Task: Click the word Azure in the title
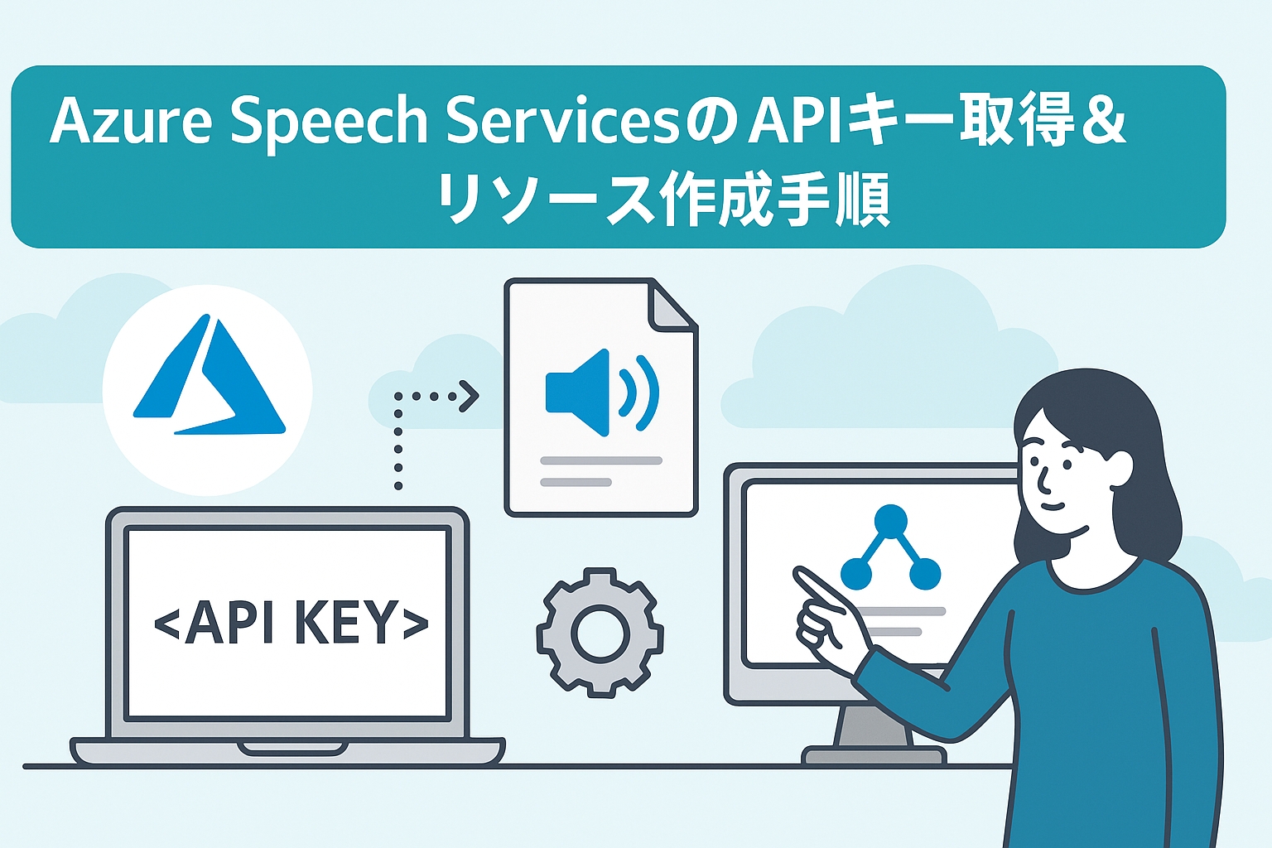pyautogui.click(x=131, y=120)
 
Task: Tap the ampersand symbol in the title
pyautogui.click(x=1103, y=120)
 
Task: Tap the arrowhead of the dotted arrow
pyautogui.click(x=470, y=396)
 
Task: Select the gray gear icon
pyautogui.click(x=600, y=633)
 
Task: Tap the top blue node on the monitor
pyautogui.click(x=891, y=520)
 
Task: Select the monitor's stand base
pyautogui.click(x=874, y=755)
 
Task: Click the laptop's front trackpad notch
pyautogui.click(x=292, y=749)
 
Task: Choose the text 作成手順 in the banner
pyautogui.click(x=776, y=199)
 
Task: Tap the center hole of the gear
pyautogui.click(x=600, y=634)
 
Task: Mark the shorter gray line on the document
pyautogui.click(x=576, y=482)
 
